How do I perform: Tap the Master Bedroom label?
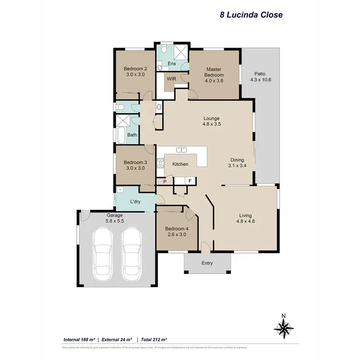214,72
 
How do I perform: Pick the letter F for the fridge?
190,181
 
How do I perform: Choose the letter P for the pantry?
165,181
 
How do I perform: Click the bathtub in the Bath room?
120,135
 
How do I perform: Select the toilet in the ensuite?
164,49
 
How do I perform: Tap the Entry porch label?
207,263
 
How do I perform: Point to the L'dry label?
134,202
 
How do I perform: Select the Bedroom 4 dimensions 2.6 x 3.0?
177,235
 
